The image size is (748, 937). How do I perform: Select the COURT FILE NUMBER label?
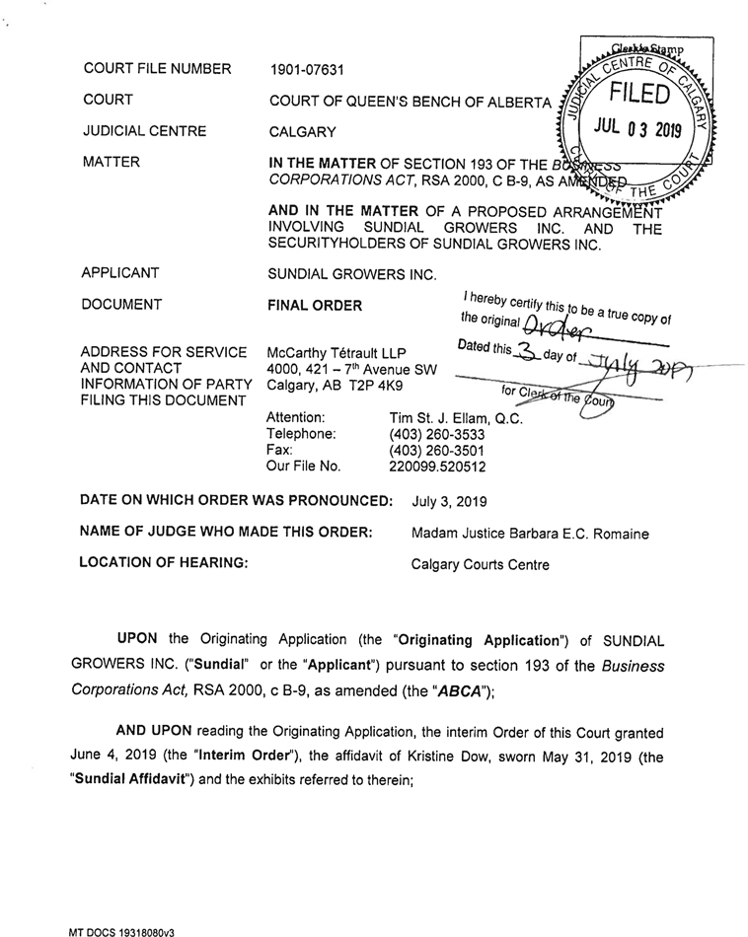coord(158,69)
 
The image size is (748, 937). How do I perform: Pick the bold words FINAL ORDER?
coord(315,306)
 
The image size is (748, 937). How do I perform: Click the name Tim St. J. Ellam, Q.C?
coord(456,418)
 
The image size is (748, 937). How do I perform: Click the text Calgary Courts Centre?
coord(481,566)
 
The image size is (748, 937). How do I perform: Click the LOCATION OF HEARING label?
coord(163,565)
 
